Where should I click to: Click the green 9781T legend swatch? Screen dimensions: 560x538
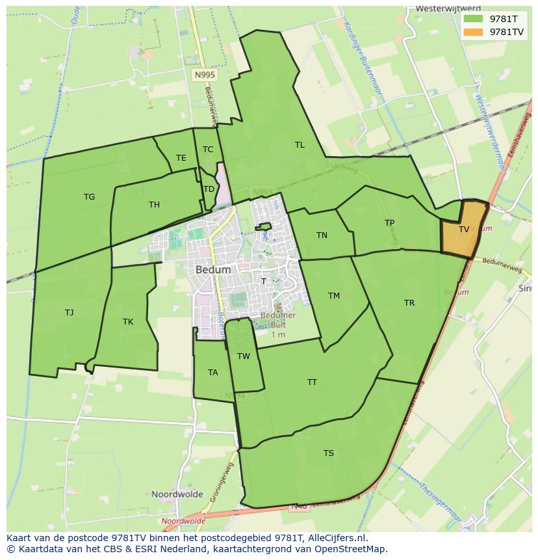point(474,20)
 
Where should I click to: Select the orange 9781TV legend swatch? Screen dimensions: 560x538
point(474,32)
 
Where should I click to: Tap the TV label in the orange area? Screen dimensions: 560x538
point(464,230)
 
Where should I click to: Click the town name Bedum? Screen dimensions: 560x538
point(212,269)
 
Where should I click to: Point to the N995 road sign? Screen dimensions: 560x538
point(205,75)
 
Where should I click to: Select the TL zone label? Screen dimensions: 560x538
point(300,145)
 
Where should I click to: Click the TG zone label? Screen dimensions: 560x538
point(90,197)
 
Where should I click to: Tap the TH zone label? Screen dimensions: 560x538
point(154,205)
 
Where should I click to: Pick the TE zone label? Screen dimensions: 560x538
point(181,158)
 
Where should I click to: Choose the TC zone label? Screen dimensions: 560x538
point(208,150)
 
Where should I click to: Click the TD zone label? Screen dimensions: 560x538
point(209,189)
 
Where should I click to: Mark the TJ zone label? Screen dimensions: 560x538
point(70,313)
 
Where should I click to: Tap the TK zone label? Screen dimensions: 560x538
point(128,322)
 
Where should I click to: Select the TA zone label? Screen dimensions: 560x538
point(213,373)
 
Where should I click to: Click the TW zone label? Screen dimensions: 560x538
point(244,356)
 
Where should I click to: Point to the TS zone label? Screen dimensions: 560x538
point(329,453)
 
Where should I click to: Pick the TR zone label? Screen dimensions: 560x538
point(409,303)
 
